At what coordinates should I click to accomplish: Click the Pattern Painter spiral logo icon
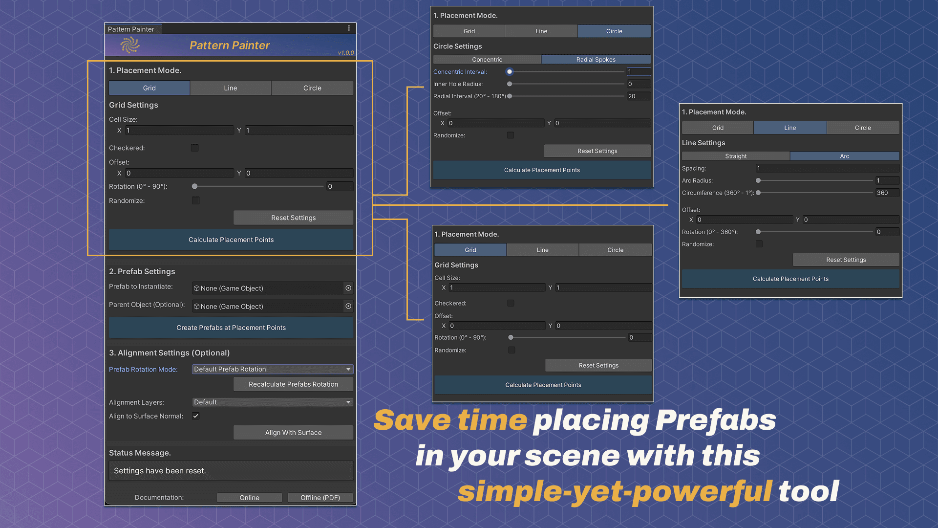pos(130,45)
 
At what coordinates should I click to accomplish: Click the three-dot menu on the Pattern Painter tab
pos(349,28)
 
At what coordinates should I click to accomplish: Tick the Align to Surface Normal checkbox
pos(196,416)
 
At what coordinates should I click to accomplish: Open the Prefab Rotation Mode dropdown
pos(272,369)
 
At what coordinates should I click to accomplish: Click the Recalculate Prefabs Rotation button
pos(293,384)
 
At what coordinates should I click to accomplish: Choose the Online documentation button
pos(249,498)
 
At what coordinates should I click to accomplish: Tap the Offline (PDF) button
pos(320,498)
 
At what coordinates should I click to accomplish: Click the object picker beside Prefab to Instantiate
pos(348,288)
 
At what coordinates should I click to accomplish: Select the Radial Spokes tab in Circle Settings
pos(596,60)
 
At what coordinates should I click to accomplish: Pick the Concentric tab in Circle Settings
pos(487,60)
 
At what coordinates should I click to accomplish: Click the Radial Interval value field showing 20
pos(638,96)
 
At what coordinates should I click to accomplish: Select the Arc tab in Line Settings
pos(844,156)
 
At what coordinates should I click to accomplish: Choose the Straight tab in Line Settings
pos(736,156)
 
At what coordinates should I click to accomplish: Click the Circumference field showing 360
pos(887,193)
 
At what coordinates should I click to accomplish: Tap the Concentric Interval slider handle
pos(510,72)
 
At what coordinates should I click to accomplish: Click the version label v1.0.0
pos(346,53)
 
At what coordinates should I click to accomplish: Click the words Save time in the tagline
pos(450,420)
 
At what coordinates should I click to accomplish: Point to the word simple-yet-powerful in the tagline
pos(615,491)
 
